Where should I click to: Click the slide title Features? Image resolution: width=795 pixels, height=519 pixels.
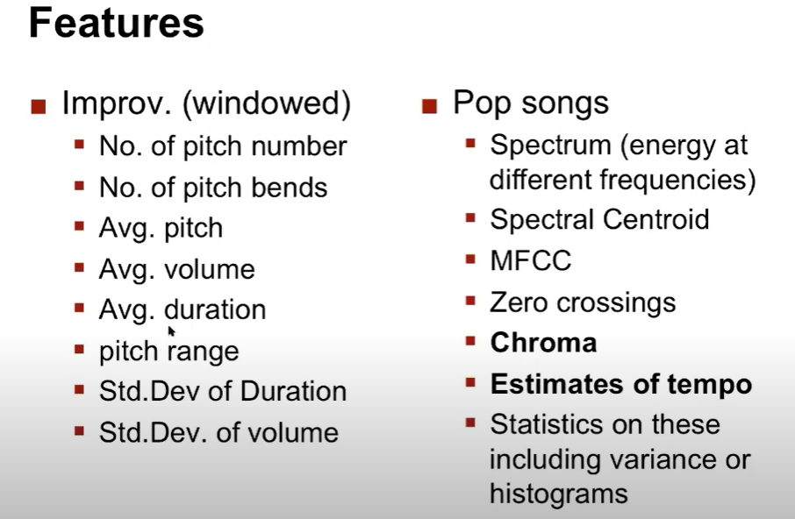tap(116, 24)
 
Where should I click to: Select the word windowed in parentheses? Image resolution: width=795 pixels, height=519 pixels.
tap(266, 103)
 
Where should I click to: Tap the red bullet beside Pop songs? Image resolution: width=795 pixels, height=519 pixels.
tap(429, 106)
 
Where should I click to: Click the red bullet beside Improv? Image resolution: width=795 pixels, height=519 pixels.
tap(39, 106)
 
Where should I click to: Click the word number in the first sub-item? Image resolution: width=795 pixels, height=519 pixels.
tap(299, 146)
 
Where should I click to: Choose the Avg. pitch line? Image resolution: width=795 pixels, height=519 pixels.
tap(161, 229)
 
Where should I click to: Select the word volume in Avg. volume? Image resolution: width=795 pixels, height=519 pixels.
tap(210, 269)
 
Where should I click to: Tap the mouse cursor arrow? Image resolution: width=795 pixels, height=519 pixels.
tap(171, 331)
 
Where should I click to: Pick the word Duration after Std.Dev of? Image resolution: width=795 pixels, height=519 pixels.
tap(293, 391)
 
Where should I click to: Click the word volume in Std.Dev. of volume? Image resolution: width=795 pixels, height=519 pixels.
tap(293, 433)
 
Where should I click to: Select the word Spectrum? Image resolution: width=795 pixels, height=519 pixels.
tap(550, 146)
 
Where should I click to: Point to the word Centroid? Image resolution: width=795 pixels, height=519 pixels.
tap(656, 220)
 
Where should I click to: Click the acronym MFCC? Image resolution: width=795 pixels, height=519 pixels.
tap(531, 260)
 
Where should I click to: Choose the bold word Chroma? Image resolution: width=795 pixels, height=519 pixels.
tap(543, 343)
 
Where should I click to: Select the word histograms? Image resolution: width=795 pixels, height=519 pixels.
tap(559, 494)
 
